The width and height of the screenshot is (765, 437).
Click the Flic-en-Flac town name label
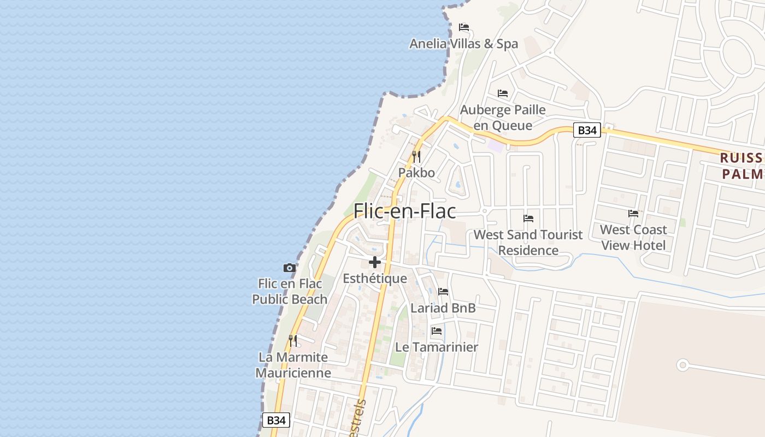click(x=405, y=211)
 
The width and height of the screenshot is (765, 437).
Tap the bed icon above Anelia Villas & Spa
click(x=464, y=27)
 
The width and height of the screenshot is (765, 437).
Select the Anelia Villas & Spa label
click(x=463, y=44)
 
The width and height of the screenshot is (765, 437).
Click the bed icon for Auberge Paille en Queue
click(x=503, y=93)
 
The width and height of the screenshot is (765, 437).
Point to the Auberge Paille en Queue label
click(x=503, y=117)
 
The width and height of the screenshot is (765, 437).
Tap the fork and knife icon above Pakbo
click(x=416, y=157)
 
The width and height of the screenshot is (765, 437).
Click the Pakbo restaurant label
click(x=416, y=173)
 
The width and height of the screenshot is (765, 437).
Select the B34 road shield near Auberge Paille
click(x=587, y=130)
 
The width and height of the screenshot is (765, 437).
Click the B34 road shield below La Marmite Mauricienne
click(x=276, y=420)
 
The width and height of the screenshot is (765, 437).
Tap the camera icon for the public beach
click(x=290, y=268)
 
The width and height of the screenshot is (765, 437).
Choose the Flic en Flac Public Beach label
click(x=290, y=292)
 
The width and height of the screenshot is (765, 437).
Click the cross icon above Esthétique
click(x=375, y=262)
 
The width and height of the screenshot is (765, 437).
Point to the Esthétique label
click(x=375, y=279)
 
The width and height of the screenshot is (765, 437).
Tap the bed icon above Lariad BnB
click(x=443, y=292)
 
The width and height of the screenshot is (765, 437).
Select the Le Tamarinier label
click(x=437, y=347)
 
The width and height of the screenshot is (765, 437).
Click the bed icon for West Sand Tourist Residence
click(x=528, y=218)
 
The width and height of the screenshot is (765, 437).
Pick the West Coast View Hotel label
click(x=633, y=237)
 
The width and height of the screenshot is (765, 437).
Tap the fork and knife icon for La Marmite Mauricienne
click(x=293, y=341)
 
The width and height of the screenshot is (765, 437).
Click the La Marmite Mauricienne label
click(x=293, y=365)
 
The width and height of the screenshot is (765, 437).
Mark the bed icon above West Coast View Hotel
click(x=633, y=213)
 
